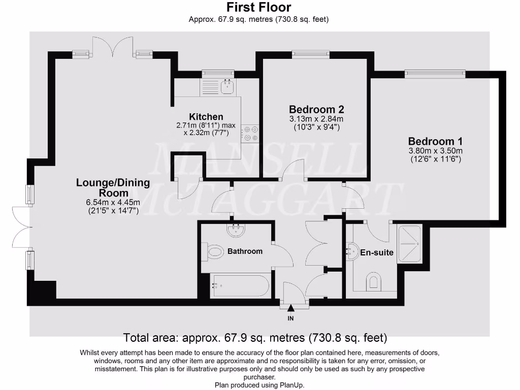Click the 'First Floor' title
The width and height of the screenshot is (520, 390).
click(258, 7)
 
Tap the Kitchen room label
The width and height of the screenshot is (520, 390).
click(206, 117)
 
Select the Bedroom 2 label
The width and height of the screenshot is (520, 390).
click(316, 109)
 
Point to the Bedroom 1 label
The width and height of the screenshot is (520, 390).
click(435, 141)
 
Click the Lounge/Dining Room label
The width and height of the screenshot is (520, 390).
click(113, 187)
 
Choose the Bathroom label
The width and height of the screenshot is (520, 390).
click(245, 251)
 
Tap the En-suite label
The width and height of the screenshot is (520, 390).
click(377, 252)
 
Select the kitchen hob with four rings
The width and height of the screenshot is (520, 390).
click(250, 133)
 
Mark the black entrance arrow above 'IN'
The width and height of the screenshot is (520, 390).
click(291, 308)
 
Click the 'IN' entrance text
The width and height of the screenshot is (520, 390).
click(291, 318)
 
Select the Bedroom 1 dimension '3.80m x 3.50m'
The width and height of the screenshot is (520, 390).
click(435, 151)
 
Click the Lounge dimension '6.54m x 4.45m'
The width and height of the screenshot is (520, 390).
click(113, 202)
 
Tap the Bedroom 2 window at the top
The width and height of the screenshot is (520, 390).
click(310, 53)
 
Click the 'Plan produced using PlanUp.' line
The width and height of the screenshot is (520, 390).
click(259, 385)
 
